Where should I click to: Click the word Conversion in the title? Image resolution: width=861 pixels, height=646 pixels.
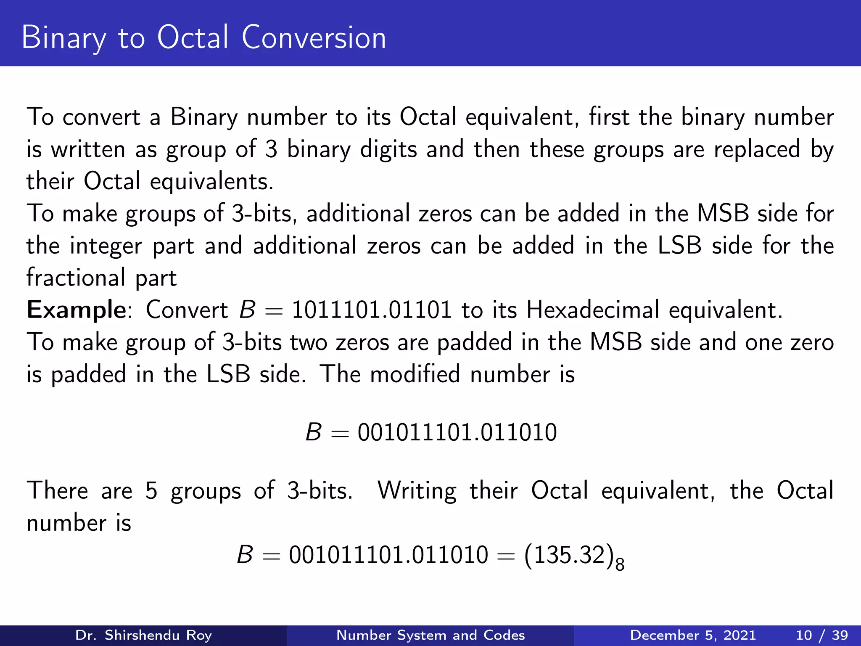pyautogui.click(x=314, y=38)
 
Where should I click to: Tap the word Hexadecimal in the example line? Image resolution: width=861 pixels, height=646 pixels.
pyautogui.click(x=593, y=310)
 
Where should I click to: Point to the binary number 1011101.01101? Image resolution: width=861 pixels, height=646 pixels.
pyautogui.click(x=372, y=310)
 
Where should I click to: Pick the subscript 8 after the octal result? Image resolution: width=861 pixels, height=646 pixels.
pyautogui.click(x=620, y=564)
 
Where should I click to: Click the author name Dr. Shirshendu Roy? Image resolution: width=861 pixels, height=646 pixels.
pyautogui.click(x=143, y=635)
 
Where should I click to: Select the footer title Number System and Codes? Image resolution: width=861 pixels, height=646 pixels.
pyautogui.click(x=430, y=635)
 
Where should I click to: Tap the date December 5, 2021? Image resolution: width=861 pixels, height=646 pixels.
pyautogui.click(x=693, y=635)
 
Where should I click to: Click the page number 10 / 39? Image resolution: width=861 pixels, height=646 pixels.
pyautogui.click(x=821, y=635)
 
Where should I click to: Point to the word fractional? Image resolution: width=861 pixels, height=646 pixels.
pyautogui.click(x=76, y=278)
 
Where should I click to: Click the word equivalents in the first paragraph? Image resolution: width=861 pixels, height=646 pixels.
pyautogui.click(x=211, y=182)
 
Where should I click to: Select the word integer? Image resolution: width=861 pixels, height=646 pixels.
pyautogui.click(x=106, y=246)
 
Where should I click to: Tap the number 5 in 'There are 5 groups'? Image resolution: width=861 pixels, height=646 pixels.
pyautogui.click(x=151, y=491)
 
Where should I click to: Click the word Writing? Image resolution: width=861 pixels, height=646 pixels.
pyautogui.click(x=417, y=491)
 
